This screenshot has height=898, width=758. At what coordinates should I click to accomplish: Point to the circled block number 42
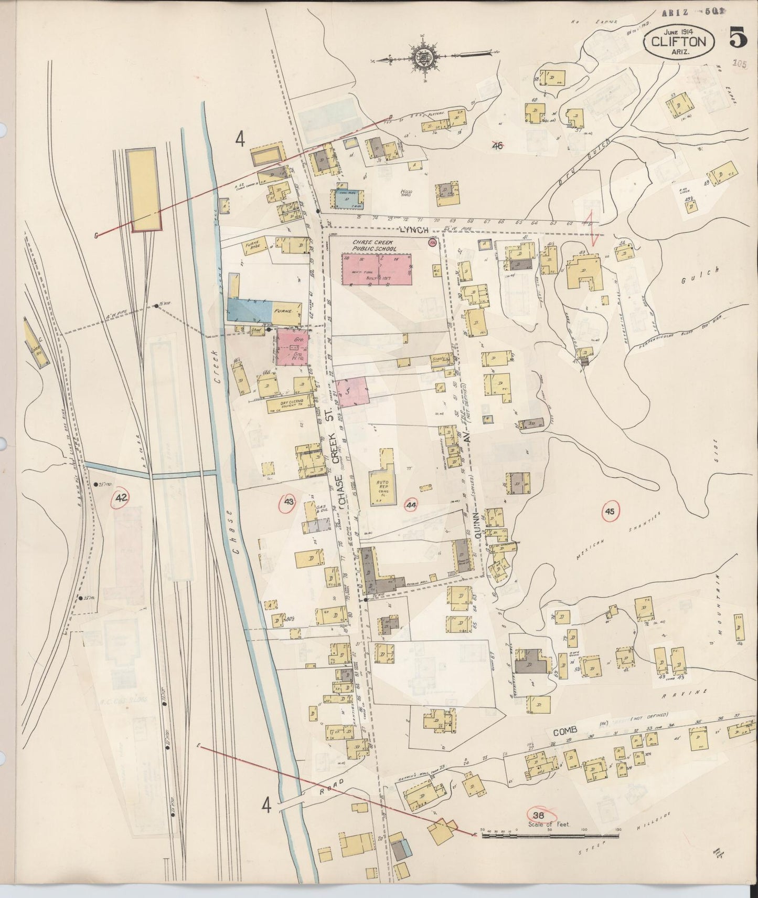click(122, 497)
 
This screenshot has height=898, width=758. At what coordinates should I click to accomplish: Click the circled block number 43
click(288, 503)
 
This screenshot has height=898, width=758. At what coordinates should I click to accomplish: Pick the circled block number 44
click(412, 505)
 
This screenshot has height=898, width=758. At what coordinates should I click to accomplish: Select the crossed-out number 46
click(497, 145)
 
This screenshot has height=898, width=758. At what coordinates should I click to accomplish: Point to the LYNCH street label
click(414, 230)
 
